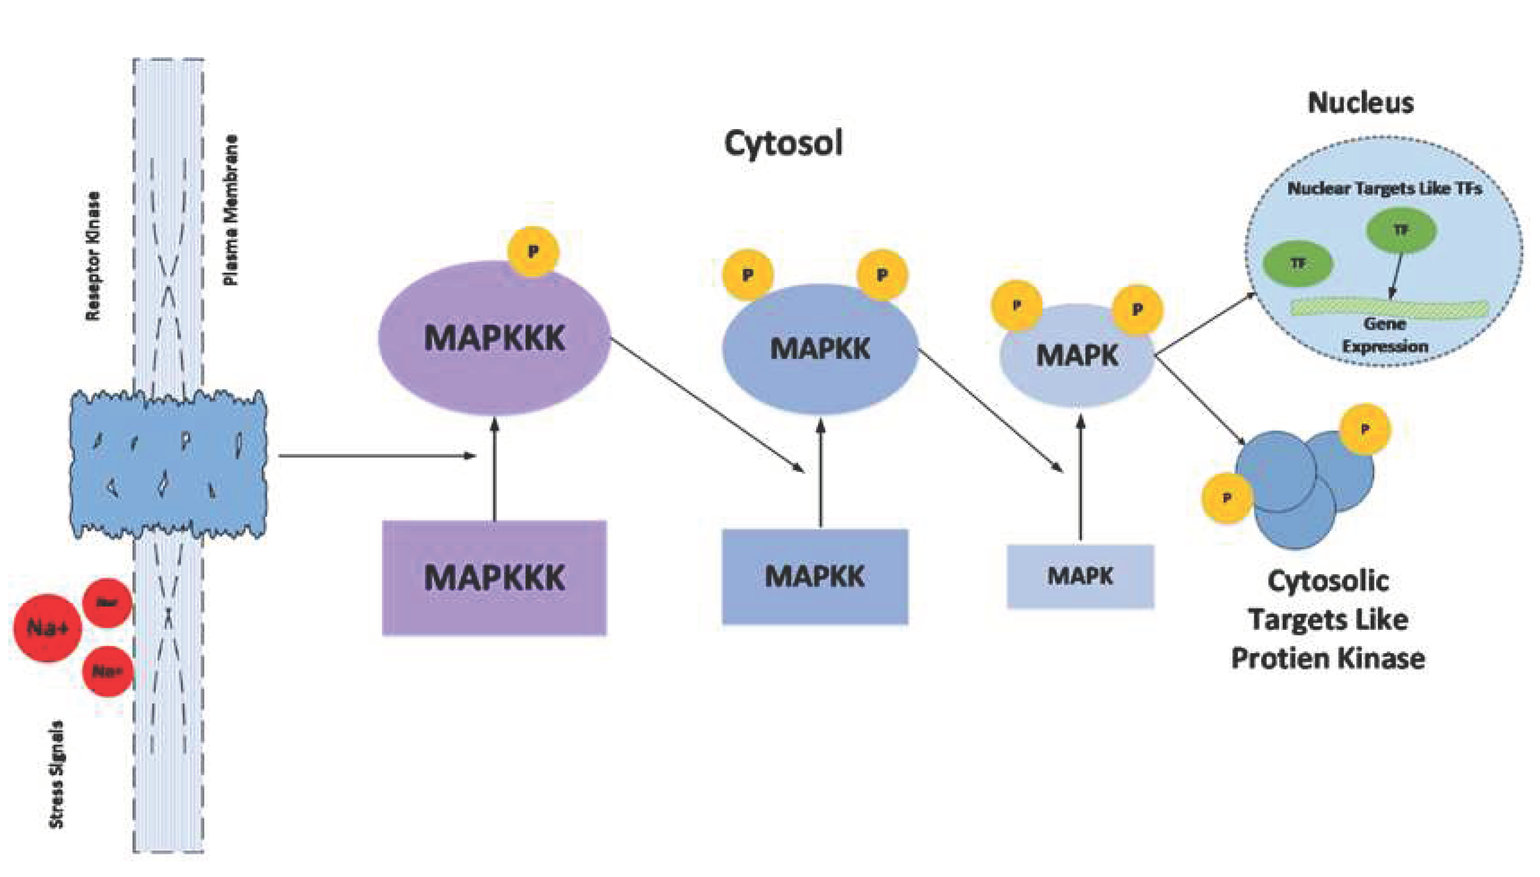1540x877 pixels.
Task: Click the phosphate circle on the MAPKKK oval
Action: point(533,251)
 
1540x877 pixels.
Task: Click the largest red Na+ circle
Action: point(48,628)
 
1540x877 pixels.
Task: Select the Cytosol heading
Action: point(782,143)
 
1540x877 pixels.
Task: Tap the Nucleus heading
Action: point(1361,103)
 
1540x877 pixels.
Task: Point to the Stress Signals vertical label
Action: point(56,774)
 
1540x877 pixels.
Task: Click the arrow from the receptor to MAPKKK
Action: point(376,455)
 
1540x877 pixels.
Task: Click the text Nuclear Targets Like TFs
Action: point(1384,189)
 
